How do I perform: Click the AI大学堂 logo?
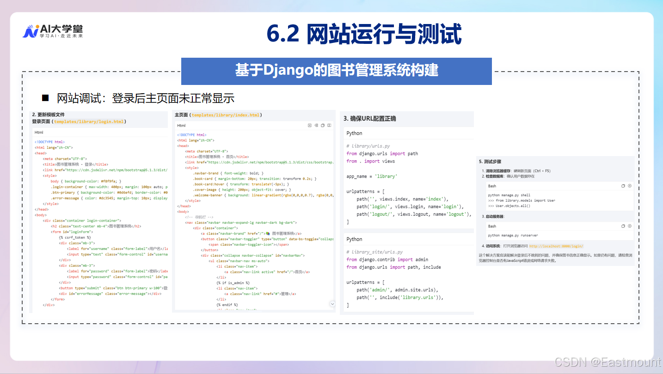tap(53, 31)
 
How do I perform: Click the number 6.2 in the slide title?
tap(283, 34)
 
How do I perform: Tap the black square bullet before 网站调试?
tap(45, 98)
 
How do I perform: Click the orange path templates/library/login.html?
tap(89, 122)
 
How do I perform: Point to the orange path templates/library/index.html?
tap(226, 115)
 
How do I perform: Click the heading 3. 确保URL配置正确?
tap(369, 119)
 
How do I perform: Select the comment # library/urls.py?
tap(368, 146)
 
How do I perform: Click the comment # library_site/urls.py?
tap(374, 252)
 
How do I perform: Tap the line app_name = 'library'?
tap(372, 176)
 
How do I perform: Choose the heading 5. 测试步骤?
tap(490, 162)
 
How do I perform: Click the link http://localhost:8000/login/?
tap(556, 246)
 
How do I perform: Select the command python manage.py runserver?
tap(513, 235)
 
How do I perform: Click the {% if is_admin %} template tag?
tap(233, 283)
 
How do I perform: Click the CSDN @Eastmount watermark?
tap(608, 362)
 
